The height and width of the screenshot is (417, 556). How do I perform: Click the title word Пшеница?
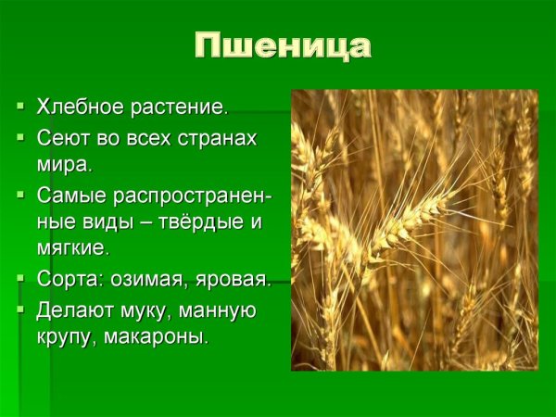pos(283,46)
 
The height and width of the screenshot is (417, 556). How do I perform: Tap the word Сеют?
pos(63,138)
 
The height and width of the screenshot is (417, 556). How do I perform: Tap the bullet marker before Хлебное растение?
pos(20,107)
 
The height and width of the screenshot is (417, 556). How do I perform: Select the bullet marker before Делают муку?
pos(20,309)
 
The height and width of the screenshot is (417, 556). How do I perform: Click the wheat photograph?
pos(414,230)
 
